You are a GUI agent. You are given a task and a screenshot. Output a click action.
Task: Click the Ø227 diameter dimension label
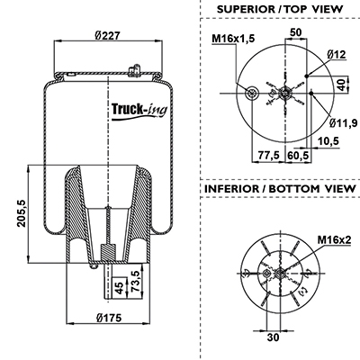(107, 36)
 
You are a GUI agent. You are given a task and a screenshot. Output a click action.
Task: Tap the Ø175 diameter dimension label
(109, 317)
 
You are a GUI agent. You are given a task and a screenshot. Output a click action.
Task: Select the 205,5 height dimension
(22, 213)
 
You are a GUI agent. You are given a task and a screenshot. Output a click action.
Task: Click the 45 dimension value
(120, 288)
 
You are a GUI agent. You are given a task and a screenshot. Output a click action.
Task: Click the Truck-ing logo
(139, 111)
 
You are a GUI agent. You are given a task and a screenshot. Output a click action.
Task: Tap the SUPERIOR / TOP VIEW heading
(279, 9)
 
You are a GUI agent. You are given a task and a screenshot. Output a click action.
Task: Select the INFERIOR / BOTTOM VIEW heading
(280, 189)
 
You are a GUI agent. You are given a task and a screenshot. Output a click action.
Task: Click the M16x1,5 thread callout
(233, 39)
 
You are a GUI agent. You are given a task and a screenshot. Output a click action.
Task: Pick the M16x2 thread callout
(334, 239)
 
